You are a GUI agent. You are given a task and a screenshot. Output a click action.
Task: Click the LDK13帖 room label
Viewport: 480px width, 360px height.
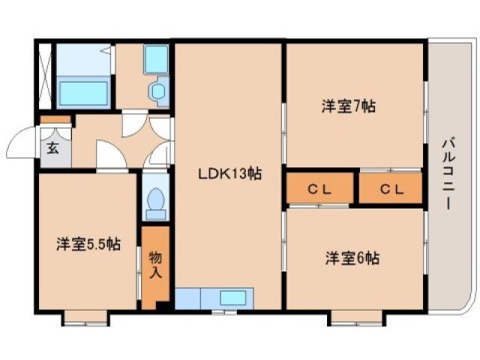(229, 174)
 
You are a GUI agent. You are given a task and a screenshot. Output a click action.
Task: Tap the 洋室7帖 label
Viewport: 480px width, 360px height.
(348, 106)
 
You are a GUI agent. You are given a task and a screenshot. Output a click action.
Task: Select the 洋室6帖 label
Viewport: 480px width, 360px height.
(352, 258)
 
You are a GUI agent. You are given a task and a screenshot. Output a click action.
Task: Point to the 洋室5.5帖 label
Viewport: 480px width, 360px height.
(88, 244)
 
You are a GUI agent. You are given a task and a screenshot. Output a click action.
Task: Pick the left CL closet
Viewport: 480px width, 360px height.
(320, 188)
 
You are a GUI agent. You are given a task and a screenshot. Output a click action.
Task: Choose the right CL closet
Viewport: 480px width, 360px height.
(391, 188)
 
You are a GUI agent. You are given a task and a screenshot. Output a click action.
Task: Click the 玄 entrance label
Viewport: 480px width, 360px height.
(53, 147)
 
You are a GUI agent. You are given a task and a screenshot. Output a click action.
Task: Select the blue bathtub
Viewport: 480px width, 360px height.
(85, 94)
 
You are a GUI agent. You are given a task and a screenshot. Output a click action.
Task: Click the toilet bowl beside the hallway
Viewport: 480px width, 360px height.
(156, 200)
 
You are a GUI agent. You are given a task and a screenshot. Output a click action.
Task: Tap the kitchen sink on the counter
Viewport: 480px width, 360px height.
(232, 297)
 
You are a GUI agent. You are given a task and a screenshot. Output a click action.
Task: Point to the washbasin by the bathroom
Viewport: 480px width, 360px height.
(158, 91)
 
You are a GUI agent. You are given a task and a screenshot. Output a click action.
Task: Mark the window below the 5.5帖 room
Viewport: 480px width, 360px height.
(85, 322)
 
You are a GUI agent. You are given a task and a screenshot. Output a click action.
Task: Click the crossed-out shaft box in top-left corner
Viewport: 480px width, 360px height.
(44, 77)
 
